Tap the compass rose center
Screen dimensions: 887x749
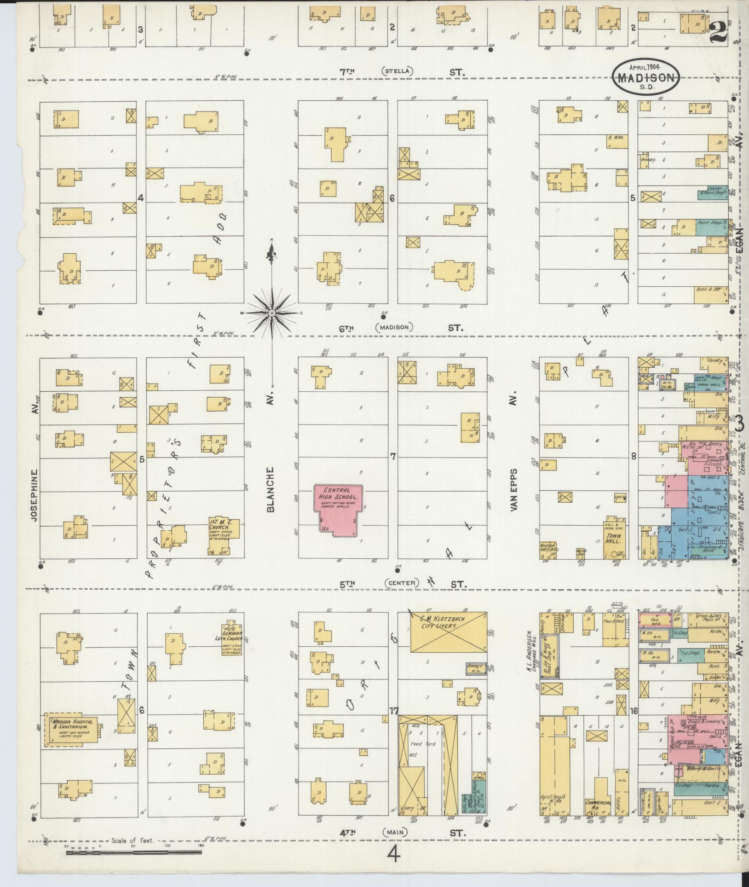[272, 313]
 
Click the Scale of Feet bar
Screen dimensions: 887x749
[133, 852]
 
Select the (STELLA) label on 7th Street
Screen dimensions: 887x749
[397, 71]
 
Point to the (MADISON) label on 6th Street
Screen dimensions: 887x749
[394, 327]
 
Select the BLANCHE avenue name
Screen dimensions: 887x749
[271, 489]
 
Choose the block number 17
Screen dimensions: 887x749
[393, 724]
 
